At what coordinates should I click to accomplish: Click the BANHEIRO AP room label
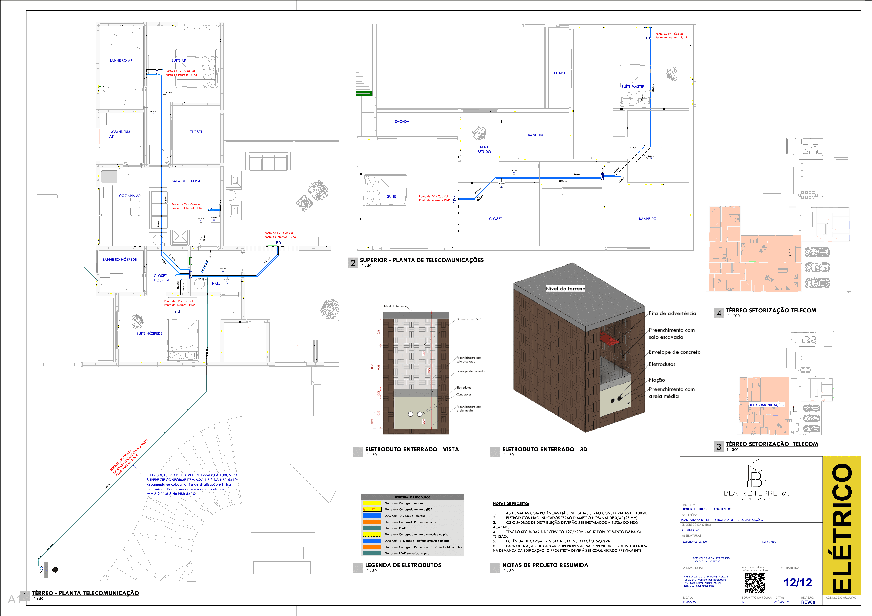pyautogui.click(x=121, y=60)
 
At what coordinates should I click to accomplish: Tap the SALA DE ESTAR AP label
pyautogui.click(x=187, y=181)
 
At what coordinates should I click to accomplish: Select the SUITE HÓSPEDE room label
pyautogui.click(x=149, y=333)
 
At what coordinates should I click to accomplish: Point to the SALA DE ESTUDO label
pyautogui.click(x=484, y=149)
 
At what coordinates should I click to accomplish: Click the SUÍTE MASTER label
pyautogui.click(x=633, y=87)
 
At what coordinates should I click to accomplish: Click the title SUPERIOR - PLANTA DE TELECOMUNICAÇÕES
pyautogui.click(x=422, y=260)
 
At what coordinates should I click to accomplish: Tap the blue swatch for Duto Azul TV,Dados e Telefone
pyautogui.click(x=372, y=516)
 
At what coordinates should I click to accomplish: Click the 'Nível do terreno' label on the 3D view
pyautogui.click(x=565, y=289)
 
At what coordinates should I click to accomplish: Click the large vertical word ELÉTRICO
pyautogui.click(x=842, y=528)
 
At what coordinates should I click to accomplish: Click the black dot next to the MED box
pyautogui.click(x=55, y=570)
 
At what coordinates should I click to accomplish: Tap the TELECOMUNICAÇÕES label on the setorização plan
pyautogui.click(x=767, y=405)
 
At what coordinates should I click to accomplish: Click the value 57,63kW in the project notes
pyautogui.click(x=603, y=541)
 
